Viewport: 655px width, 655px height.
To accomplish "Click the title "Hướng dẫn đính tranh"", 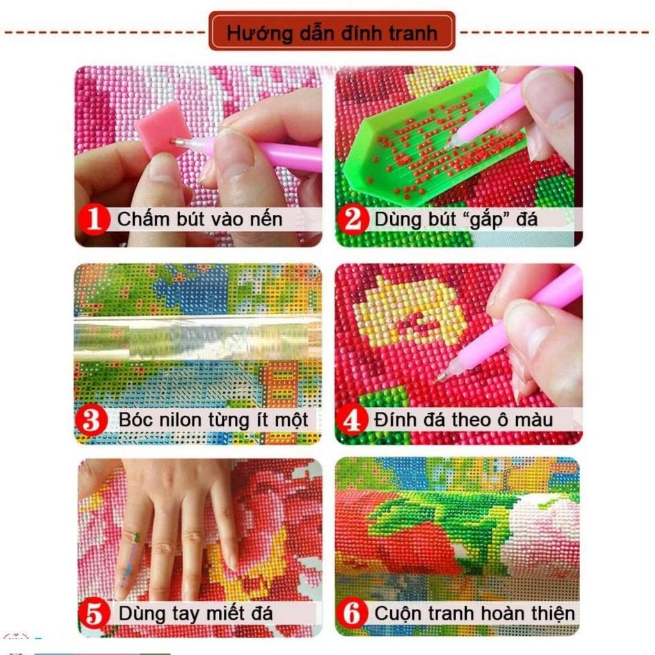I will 331,31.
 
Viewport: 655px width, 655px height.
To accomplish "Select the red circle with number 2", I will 354,219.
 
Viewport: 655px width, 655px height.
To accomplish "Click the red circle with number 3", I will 91,420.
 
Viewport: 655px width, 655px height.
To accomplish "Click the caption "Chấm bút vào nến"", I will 200,219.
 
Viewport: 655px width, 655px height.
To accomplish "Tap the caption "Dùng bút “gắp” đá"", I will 456,219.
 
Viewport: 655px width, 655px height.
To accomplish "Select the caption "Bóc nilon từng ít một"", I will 214,420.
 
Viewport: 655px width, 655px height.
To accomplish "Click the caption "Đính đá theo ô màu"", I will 464,420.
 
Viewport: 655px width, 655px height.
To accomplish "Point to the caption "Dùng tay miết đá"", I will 196,613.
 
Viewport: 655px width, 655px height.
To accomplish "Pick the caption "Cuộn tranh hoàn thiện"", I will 475,613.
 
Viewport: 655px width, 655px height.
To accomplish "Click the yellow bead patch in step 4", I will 409,313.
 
